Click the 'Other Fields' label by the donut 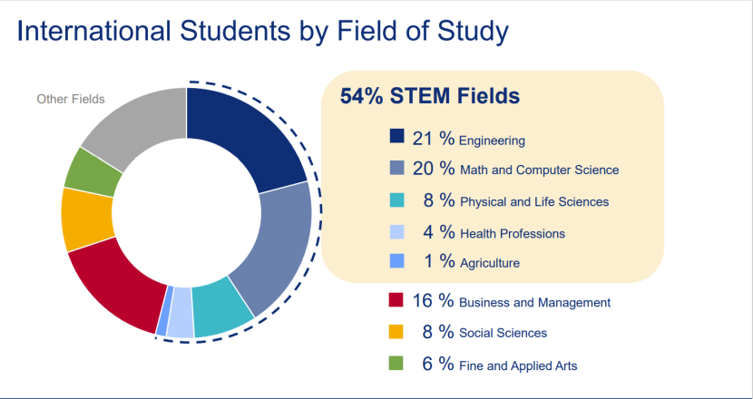(71, 99)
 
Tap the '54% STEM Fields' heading (429, 96)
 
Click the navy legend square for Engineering (396, 137)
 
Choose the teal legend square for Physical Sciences (396, 199)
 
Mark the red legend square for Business (396, 300)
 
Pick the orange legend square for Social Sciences (396, 331)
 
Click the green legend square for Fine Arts (396, 364)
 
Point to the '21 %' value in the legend (433, 138)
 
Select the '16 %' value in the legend (433, 301)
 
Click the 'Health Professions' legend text (513, 234)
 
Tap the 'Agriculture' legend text (490, 264)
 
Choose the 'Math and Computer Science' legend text (539, 170)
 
